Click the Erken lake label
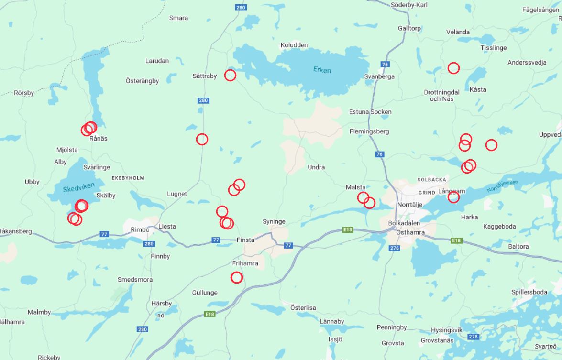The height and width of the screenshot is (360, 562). (x=322, y=70)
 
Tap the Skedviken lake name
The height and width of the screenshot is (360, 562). (x=79, y=187)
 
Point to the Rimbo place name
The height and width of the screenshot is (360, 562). (x=140, y=229)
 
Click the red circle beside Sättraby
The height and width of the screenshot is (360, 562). (x=230, y=75)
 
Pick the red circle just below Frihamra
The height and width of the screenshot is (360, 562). (x=237, y=277)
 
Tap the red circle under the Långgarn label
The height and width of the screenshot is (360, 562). (x=453, y=197)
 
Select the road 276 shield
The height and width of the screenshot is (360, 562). (x=394, y=248)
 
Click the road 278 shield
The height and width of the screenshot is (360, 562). (x=473, y=337)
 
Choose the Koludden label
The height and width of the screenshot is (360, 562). (x=294, y=45)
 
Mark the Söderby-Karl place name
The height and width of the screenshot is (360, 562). (x=409, y=5)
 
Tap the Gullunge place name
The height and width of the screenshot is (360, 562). (x=205, y=293)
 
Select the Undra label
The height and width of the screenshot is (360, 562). (x=316, y=167)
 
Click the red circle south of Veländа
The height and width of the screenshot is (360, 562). (x=453, y=68)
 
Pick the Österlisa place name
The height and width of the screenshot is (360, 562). (x=303, y=307)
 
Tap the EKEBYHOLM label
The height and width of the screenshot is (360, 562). (x=128, y=178)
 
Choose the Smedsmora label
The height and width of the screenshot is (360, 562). (x=135, y=279)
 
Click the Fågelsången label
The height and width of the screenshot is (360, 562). (x=540, y=10)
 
